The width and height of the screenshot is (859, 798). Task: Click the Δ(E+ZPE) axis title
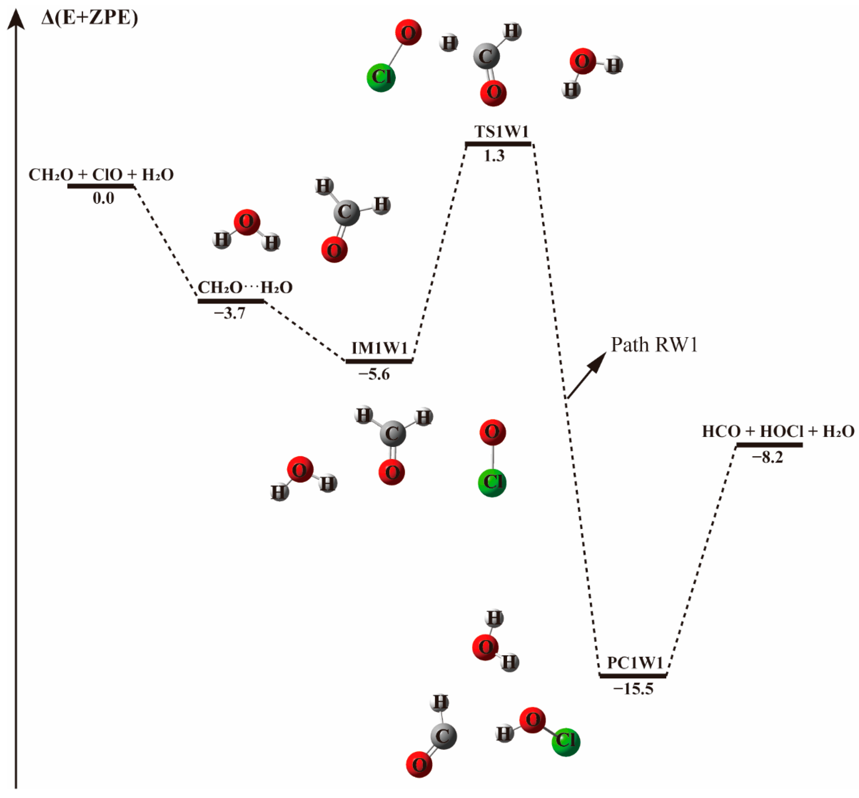coord(89,18)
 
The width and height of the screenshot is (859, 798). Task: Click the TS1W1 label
coord(501,131)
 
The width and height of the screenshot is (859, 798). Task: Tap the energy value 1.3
coord(494,156)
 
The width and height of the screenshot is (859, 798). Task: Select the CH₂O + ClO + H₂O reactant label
coord(101,175)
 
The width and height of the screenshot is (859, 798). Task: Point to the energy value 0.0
coord(104,199)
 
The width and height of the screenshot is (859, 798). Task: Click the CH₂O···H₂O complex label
coord(245,288)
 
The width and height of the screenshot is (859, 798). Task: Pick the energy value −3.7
coord(230,313)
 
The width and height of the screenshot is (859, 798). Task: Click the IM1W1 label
coord(379,348)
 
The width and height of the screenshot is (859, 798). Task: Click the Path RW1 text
coord(654,345)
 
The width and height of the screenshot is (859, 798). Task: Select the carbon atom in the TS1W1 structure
coord(486,56)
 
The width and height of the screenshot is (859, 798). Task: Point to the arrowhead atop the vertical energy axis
coord(16,19)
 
